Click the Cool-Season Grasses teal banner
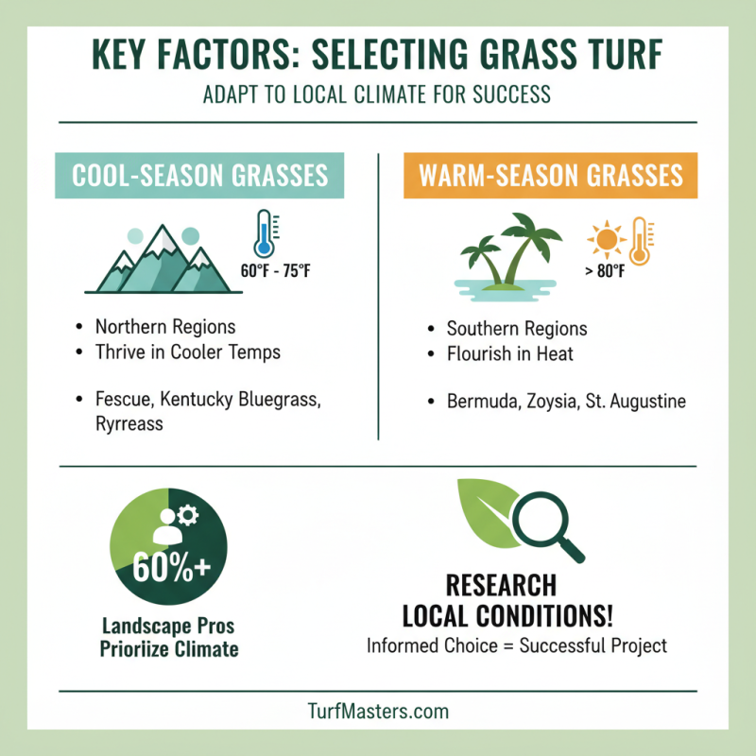pyautogui.click(x=200, y=176)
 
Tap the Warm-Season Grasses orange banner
pyautogui.click(x=550, y=176)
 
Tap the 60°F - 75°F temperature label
pyautogui.click(x=276, y=272)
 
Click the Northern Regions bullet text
pyautogui.click(x=165, y=327)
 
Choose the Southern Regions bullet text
pyautogui.click(x=517, y=329)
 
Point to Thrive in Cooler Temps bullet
pyautogui.click(x=188, y=352)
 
